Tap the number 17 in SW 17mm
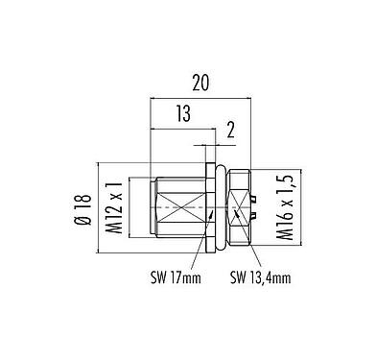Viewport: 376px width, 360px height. [183, 279]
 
